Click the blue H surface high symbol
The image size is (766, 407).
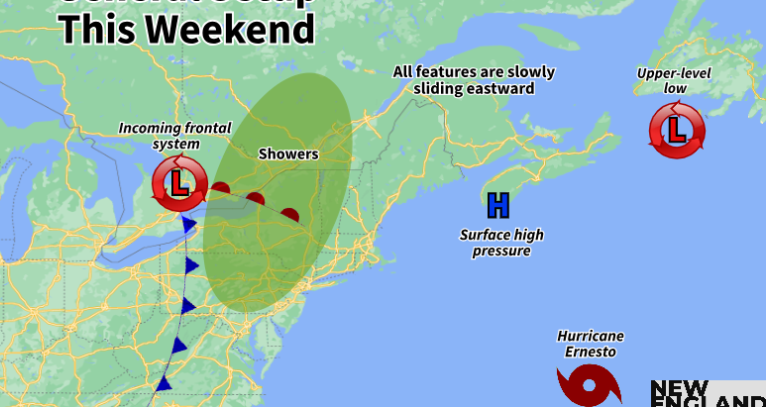coord(497,205)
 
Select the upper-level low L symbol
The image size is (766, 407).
coord(677,130)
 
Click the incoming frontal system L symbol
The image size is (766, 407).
coord(179,183)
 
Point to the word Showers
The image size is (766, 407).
coord(288,153)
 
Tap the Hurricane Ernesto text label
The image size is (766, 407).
coord(591,344)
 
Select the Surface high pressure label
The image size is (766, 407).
coord(501,243)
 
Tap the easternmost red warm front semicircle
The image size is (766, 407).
coord(290,214)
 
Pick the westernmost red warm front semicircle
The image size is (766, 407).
coord(221,188)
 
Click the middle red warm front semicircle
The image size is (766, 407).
coord(256,199)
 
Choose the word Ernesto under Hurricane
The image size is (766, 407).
coord(591,352)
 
